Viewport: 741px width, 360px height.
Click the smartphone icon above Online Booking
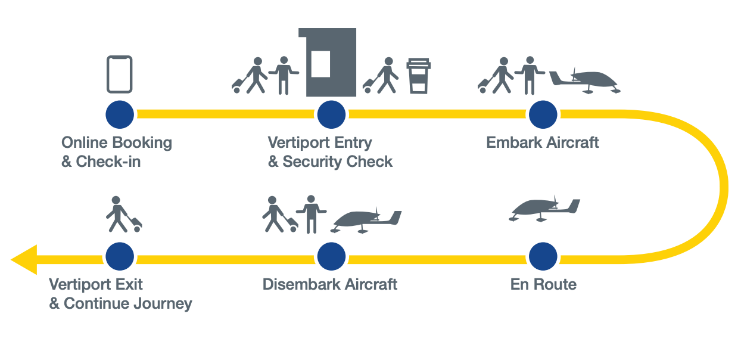click(x=119, y=74)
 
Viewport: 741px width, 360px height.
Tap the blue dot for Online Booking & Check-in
click(x=120, y=114)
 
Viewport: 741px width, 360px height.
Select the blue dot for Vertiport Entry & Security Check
click(x=331, y=114)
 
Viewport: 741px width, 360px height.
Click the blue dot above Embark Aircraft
click(x=543, y=114)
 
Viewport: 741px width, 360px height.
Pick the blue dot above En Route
click(x=543, y=257)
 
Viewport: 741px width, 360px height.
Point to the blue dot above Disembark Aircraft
click(x=331, y=257)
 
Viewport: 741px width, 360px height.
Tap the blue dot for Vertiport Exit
click(x=120, y=257)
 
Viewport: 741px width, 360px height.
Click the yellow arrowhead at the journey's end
click(x=25, y=259)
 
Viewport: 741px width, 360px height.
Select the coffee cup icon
click(x=418, y=76)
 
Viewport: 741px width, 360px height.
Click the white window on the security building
click(x=320, y=64)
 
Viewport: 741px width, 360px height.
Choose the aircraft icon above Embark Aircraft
click(x=585, y=80)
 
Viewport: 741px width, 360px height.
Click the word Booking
click(x=142, y=143)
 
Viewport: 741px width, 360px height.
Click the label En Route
click(x=543, y=284)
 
